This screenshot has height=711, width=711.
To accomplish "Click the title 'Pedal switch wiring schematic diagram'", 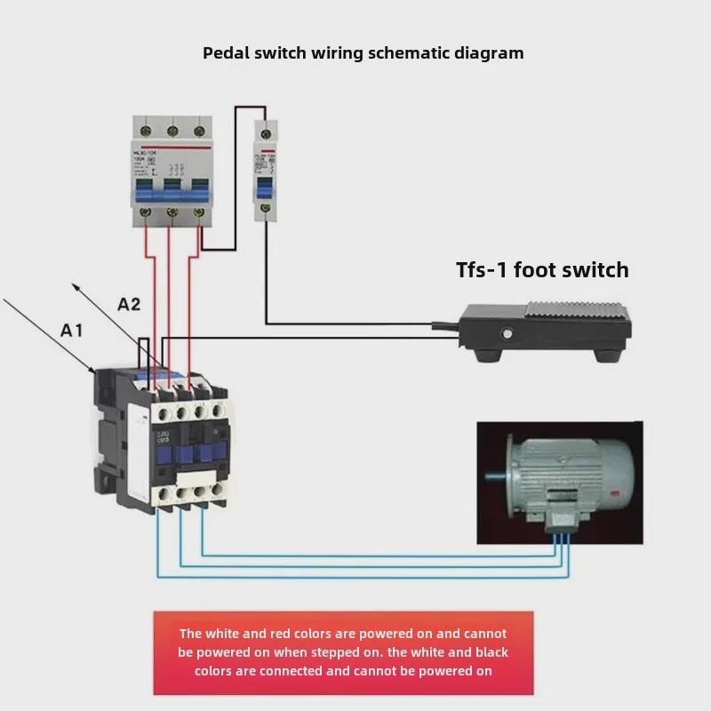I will point(363,52).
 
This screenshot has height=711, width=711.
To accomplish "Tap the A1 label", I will point(72,331).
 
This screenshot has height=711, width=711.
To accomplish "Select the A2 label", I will point(129,304).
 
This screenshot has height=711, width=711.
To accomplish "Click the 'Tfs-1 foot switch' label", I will point(542,270).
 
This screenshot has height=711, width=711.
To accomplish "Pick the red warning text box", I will point(343,652).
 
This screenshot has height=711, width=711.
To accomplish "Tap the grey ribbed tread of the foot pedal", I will point(578,312).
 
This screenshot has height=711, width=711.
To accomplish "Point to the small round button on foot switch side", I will point(507,335).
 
